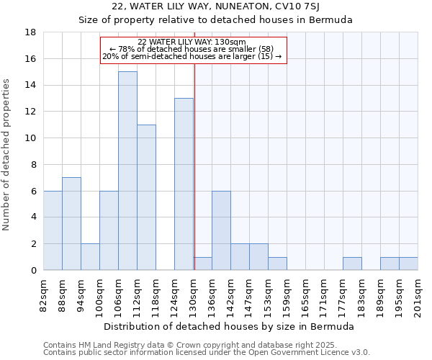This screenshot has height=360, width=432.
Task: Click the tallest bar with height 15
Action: coord(127,171)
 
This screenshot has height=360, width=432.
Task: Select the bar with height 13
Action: coord(184,184)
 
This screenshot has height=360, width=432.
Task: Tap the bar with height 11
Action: coord(146,197)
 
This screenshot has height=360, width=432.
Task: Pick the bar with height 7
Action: coord(71,224)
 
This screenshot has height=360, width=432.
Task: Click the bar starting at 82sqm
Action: coord(53,230)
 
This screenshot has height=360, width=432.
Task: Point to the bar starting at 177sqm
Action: coord(352,264)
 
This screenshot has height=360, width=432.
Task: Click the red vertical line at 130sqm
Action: coord(194,166)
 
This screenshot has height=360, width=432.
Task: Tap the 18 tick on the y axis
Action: coord(31,32)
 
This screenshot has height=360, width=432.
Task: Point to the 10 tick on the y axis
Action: coord(31,138)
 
